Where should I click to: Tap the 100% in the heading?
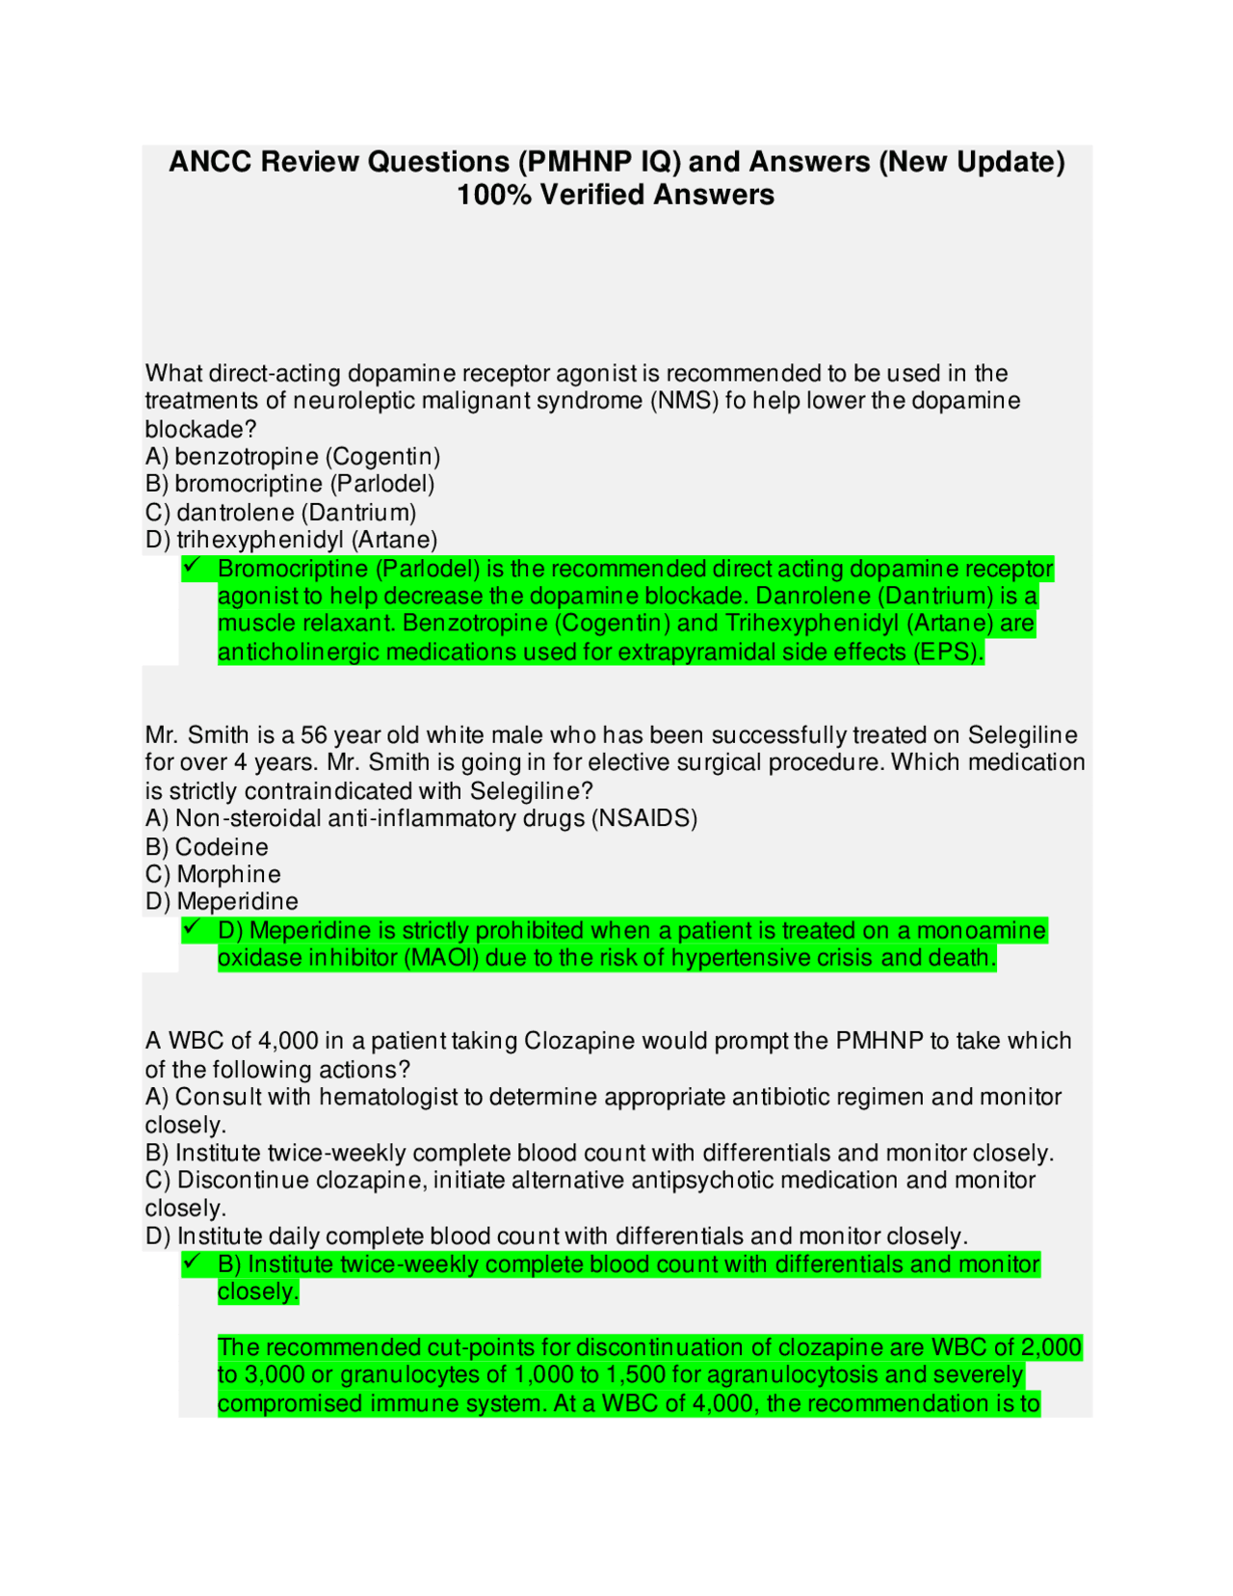pos(493,195)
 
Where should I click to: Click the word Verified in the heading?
pos(592,195)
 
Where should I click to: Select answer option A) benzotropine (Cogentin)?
pos(293,457)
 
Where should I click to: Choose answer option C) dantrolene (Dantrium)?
pos(281,513)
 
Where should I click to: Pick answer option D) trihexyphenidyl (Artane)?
pos(292,540)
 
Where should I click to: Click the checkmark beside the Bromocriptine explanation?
pos(192,566)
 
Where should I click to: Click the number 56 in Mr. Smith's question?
pos(314,735)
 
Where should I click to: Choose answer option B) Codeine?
pos(207,847)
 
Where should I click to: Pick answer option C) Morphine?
pos(214,875)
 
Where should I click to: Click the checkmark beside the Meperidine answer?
pos(192,927)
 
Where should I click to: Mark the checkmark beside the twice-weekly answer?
pos(192,1262)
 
